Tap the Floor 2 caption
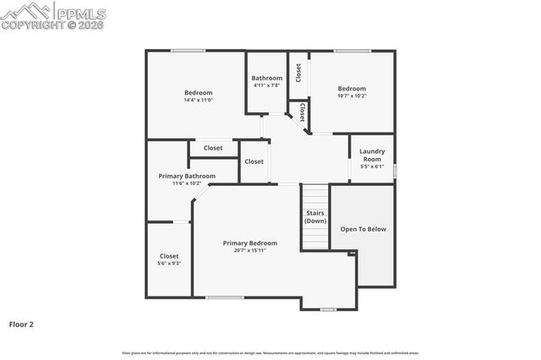point(22,324)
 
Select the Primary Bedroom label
point(249,243)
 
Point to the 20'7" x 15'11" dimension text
point(249,251)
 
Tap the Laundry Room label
point(372,155)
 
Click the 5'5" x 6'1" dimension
point(372,166)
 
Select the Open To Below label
point(363,229)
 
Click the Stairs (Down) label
point(315,216)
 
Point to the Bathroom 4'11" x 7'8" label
point(266,81)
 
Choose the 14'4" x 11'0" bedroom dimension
point(198,101)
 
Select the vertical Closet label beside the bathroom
point(298,73)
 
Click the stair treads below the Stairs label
point(315,238)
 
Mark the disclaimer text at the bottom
point(270,352)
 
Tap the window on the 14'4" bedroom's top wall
point(188,51)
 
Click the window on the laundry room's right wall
point(395,171)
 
